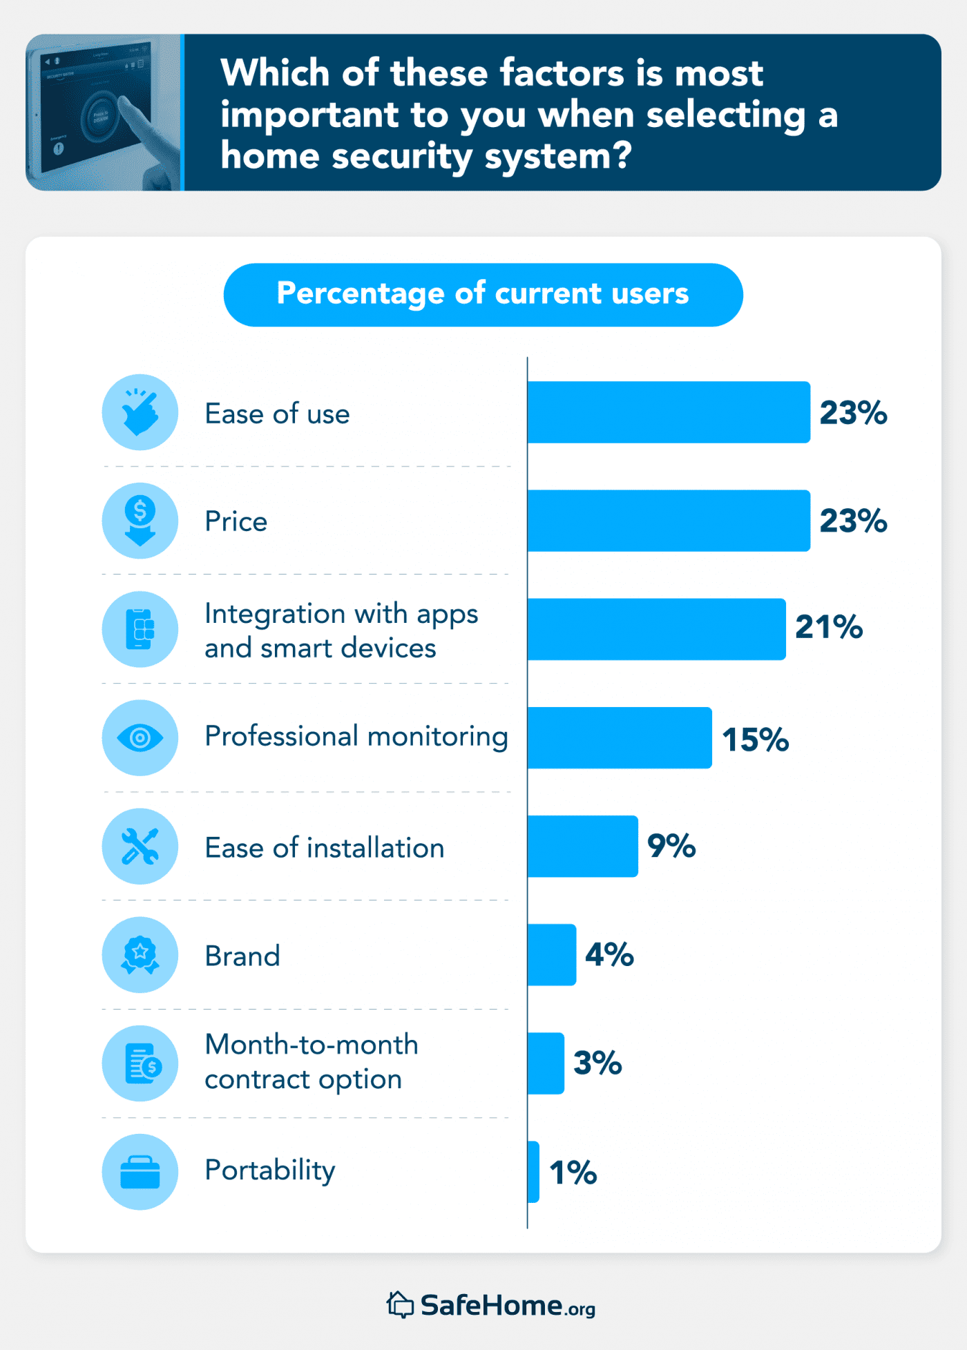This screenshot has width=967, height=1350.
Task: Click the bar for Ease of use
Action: [x=669, y=412]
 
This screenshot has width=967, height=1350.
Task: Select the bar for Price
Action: [x=669, y=521]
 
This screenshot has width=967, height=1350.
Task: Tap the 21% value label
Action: [x=829, y=627]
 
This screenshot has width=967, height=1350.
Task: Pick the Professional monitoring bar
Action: [x=620, y=737]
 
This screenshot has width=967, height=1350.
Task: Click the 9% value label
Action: [x=671, y=846]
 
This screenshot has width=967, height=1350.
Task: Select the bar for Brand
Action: [x=552, y=954]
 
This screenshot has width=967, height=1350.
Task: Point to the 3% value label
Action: [x=597, y=1063]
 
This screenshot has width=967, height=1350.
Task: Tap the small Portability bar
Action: [x=533, y=1171]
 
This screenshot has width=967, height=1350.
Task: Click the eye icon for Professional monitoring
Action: [x=140, y=737]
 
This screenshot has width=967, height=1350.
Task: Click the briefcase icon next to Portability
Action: [x=140, y=1172]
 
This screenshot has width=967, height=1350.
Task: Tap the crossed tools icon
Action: [x=140, y=846]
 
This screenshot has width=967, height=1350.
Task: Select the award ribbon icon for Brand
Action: [x=140, y=954]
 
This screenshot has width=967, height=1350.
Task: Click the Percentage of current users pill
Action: [x=483, y=294]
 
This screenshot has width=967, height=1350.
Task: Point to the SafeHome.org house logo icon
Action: [x=400, y=1304]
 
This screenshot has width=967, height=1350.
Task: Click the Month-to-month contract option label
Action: [x=312, y=1062]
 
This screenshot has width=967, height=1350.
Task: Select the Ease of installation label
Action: [x=325, y=848]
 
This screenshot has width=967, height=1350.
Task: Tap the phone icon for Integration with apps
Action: [x=140, y=629]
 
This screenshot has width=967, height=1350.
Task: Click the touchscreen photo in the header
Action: [x=104, y=113]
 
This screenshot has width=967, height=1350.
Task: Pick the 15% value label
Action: [x=756, y=740]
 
